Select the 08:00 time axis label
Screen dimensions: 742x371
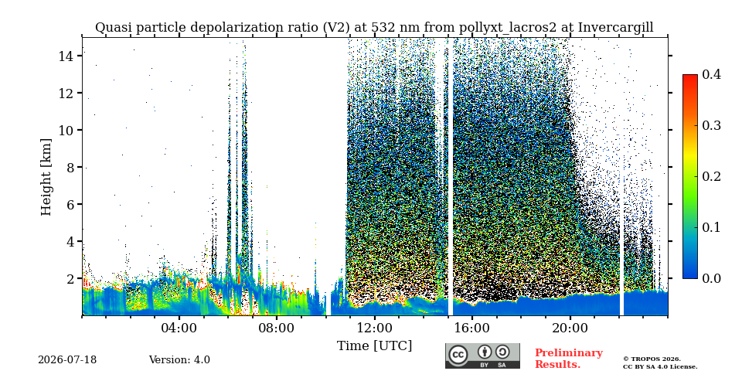[277, 328]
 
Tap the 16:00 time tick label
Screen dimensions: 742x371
[472, 328]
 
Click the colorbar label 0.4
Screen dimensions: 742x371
[711, 74]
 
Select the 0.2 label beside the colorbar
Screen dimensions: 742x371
[711, 176]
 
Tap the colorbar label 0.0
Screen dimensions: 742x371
[711, 278]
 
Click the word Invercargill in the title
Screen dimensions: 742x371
[616, 28]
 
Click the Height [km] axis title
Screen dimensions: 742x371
[46, 177]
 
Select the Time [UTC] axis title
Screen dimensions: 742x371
[374, 346]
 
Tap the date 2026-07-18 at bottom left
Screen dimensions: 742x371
[67, 360]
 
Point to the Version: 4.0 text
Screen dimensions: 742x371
[179, 360]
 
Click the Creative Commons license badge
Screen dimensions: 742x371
[482, 356]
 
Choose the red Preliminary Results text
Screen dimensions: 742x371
[569, 359]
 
